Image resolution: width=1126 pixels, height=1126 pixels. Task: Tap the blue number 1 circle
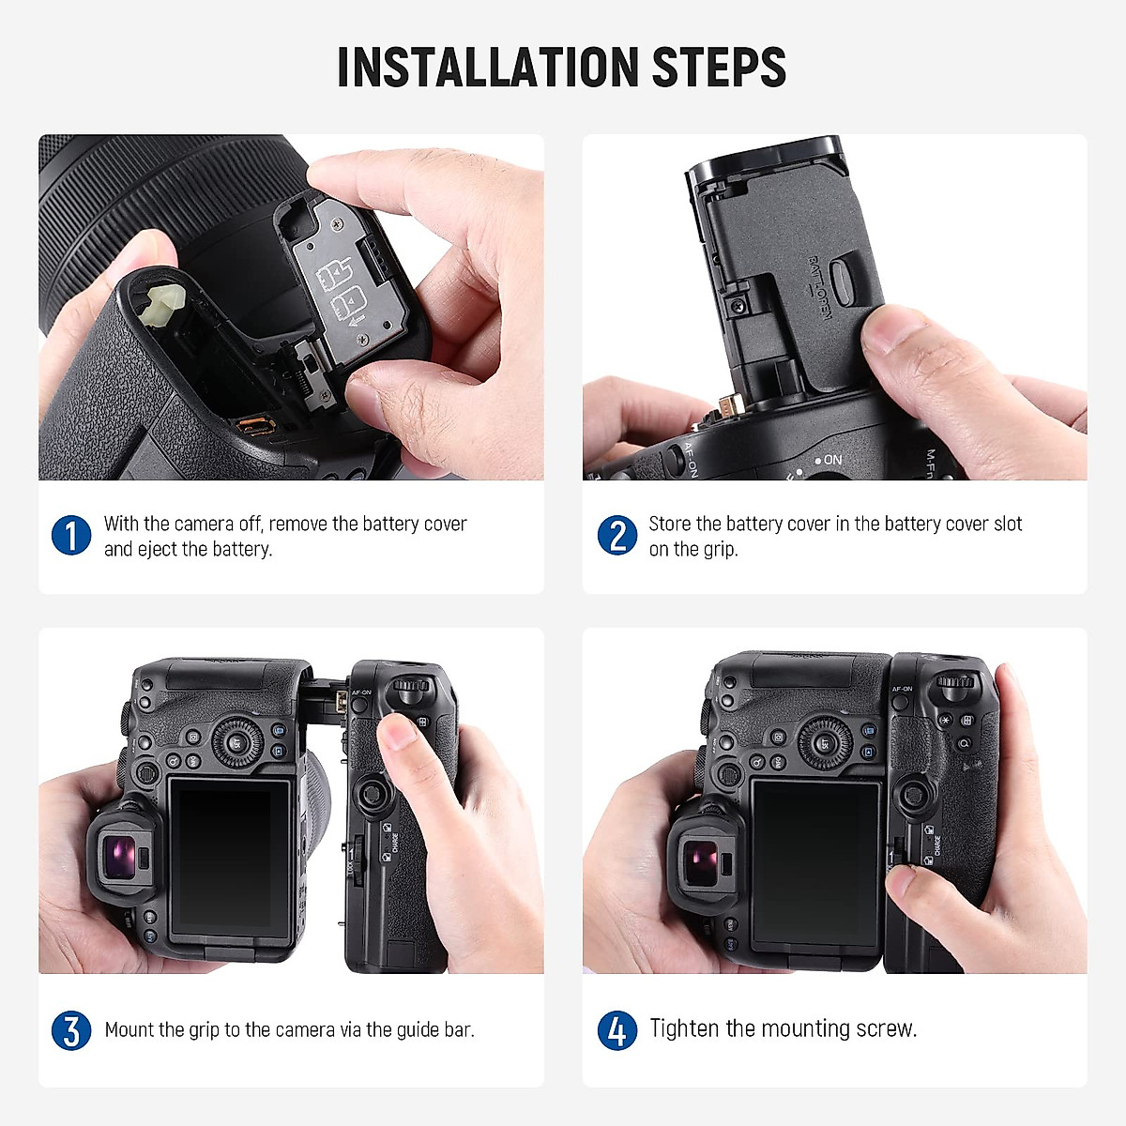(x=71, y=536)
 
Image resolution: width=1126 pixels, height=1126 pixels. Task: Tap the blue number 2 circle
(x=616, y=536)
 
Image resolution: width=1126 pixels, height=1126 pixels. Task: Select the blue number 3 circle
(x=71, y=1030)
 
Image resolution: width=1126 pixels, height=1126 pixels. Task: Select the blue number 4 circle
(x=616, y=1030)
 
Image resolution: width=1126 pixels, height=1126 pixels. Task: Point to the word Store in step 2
(x=670, y=524)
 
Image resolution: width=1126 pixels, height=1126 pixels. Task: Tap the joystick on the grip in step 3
(x=374, y=796)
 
